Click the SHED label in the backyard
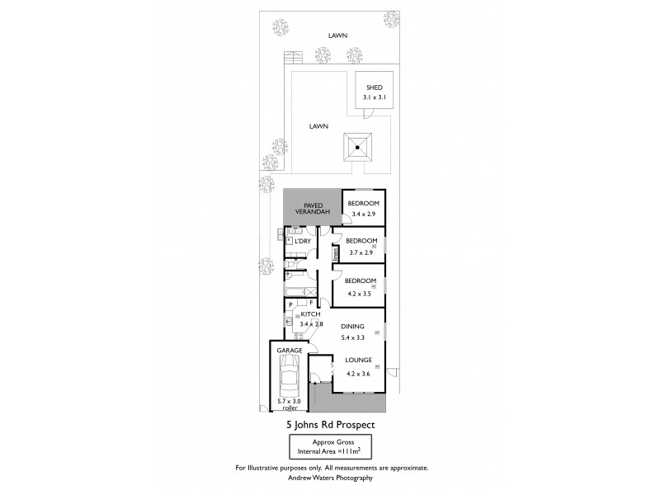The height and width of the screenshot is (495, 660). click(x=374, y=87)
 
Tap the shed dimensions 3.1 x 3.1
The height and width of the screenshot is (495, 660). click(x=374, y=97)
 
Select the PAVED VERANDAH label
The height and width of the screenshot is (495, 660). click(x=313, y=208)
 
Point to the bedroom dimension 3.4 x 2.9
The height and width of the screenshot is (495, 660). click(x=363, y=214)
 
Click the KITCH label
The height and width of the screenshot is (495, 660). click(x=309, y=315)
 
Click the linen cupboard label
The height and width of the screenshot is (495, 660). click(x=336, y=256)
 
